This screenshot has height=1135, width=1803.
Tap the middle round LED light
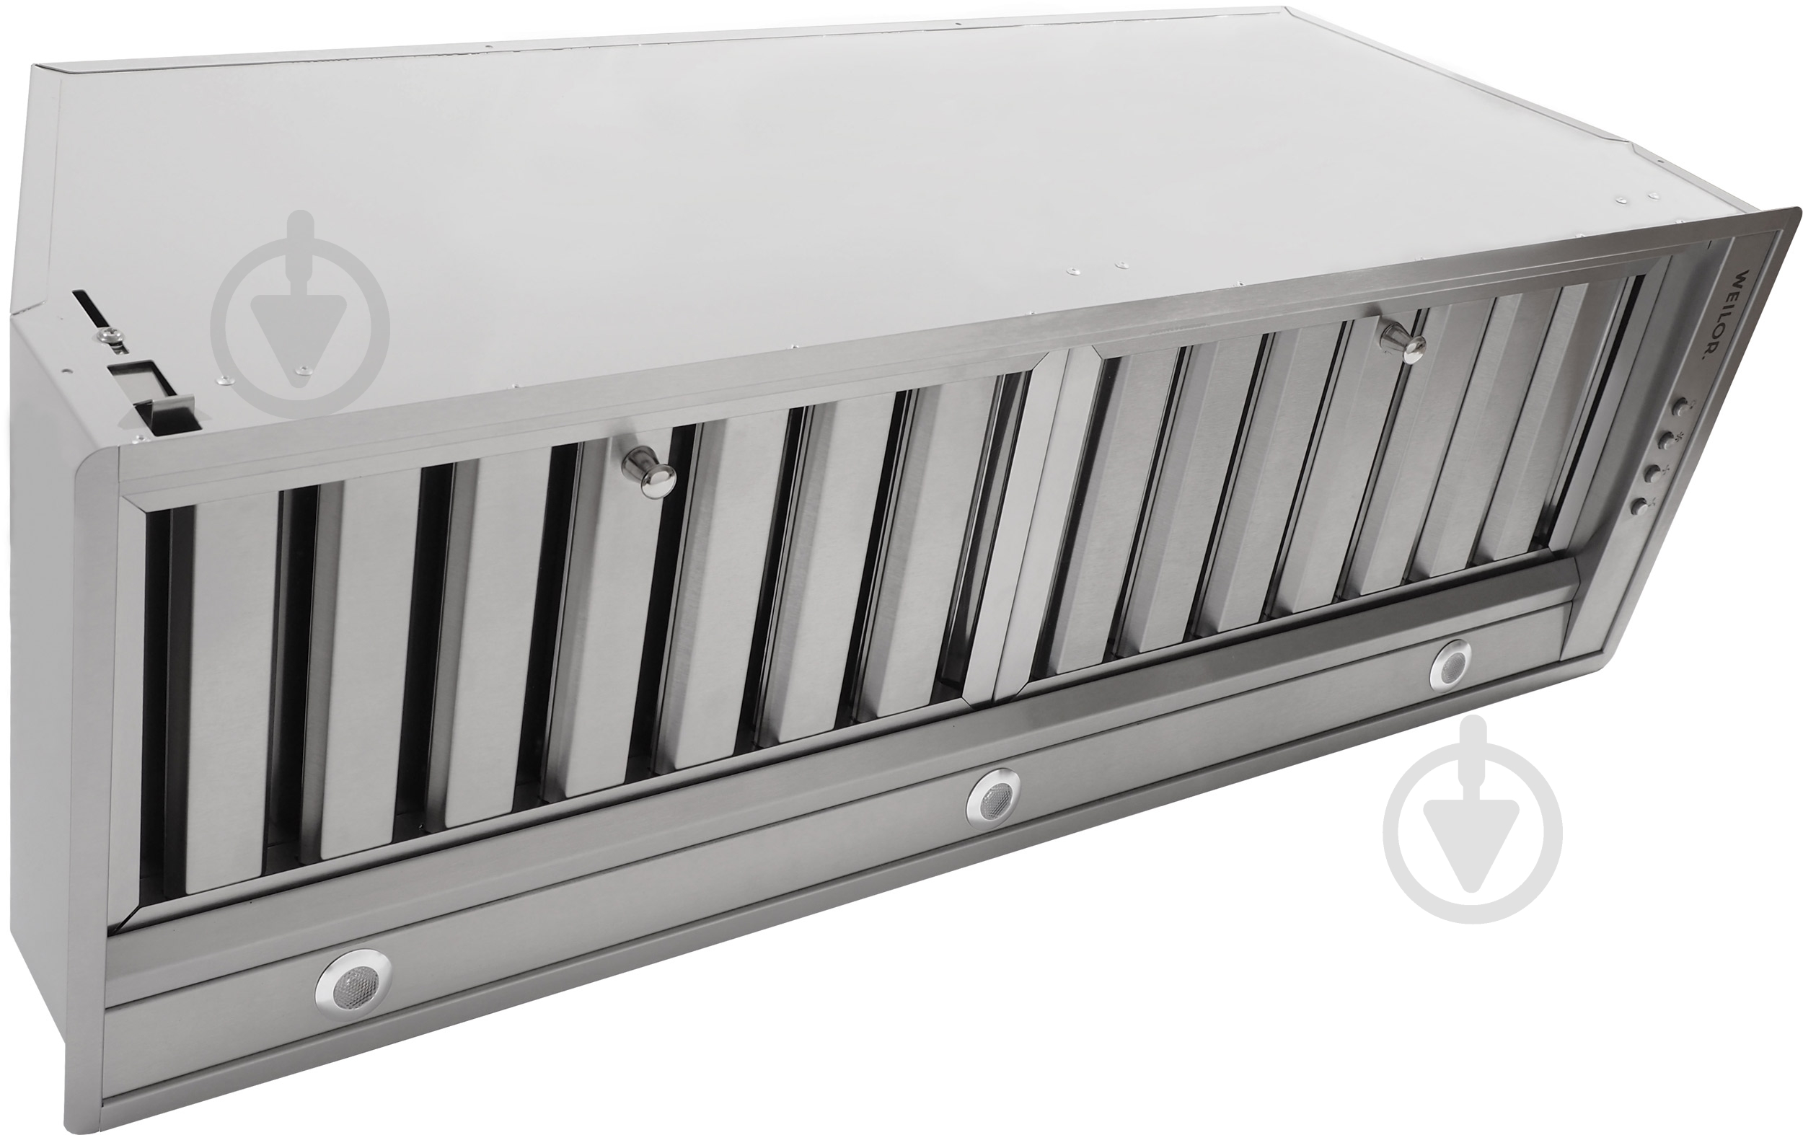[x=993, y=801]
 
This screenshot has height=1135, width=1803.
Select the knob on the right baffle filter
[x=1403, y=344]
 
